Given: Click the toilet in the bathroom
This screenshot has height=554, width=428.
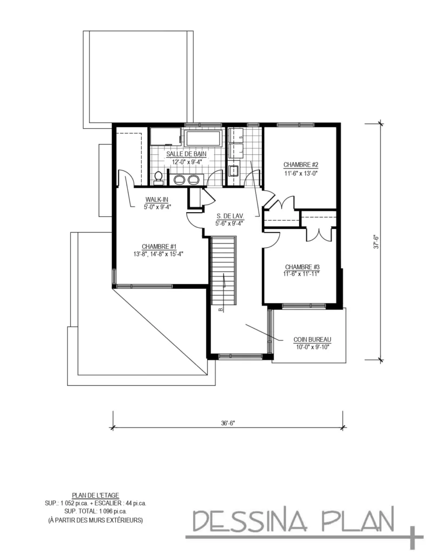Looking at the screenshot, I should tap(159, 176).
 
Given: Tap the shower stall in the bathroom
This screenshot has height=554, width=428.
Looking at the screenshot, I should tap(166, 136).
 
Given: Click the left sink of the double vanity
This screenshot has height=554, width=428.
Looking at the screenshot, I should tap(179, 180).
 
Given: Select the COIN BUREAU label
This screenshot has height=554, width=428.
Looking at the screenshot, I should tap(312, 339).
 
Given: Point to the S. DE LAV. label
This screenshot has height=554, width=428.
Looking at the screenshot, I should tap(226, 214).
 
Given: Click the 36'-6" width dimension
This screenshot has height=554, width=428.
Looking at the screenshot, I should tap(227, 424).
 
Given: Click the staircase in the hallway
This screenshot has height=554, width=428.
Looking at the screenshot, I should tap(223, 271).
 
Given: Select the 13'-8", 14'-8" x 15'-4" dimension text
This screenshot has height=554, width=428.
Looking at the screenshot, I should tap(156, 253).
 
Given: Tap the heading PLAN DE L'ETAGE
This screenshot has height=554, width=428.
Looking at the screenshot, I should tap(95, 495).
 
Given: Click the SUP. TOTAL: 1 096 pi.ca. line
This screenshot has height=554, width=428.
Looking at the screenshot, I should tap(95, 510).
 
